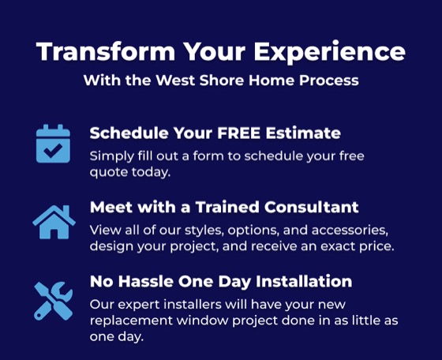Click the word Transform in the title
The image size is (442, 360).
point(106,51)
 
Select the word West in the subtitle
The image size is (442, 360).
point(175,80)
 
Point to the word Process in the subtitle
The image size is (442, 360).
point(328,80)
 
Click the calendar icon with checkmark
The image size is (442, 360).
point(53,144)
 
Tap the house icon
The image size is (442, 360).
point(54,222)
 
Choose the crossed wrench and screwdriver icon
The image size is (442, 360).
point(54,301)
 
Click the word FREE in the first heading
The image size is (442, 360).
point(238,133)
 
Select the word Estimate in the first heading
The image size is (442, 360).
point(303,133)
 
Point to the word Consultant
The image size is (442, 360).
point(312,207)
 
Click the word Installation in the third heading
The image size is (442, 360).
point(304,281)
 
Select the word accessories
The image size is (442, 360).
point(350,231)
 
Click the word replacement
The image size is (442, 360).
point(131,321)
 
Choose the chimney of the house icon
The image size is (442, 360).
point(66,210)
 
